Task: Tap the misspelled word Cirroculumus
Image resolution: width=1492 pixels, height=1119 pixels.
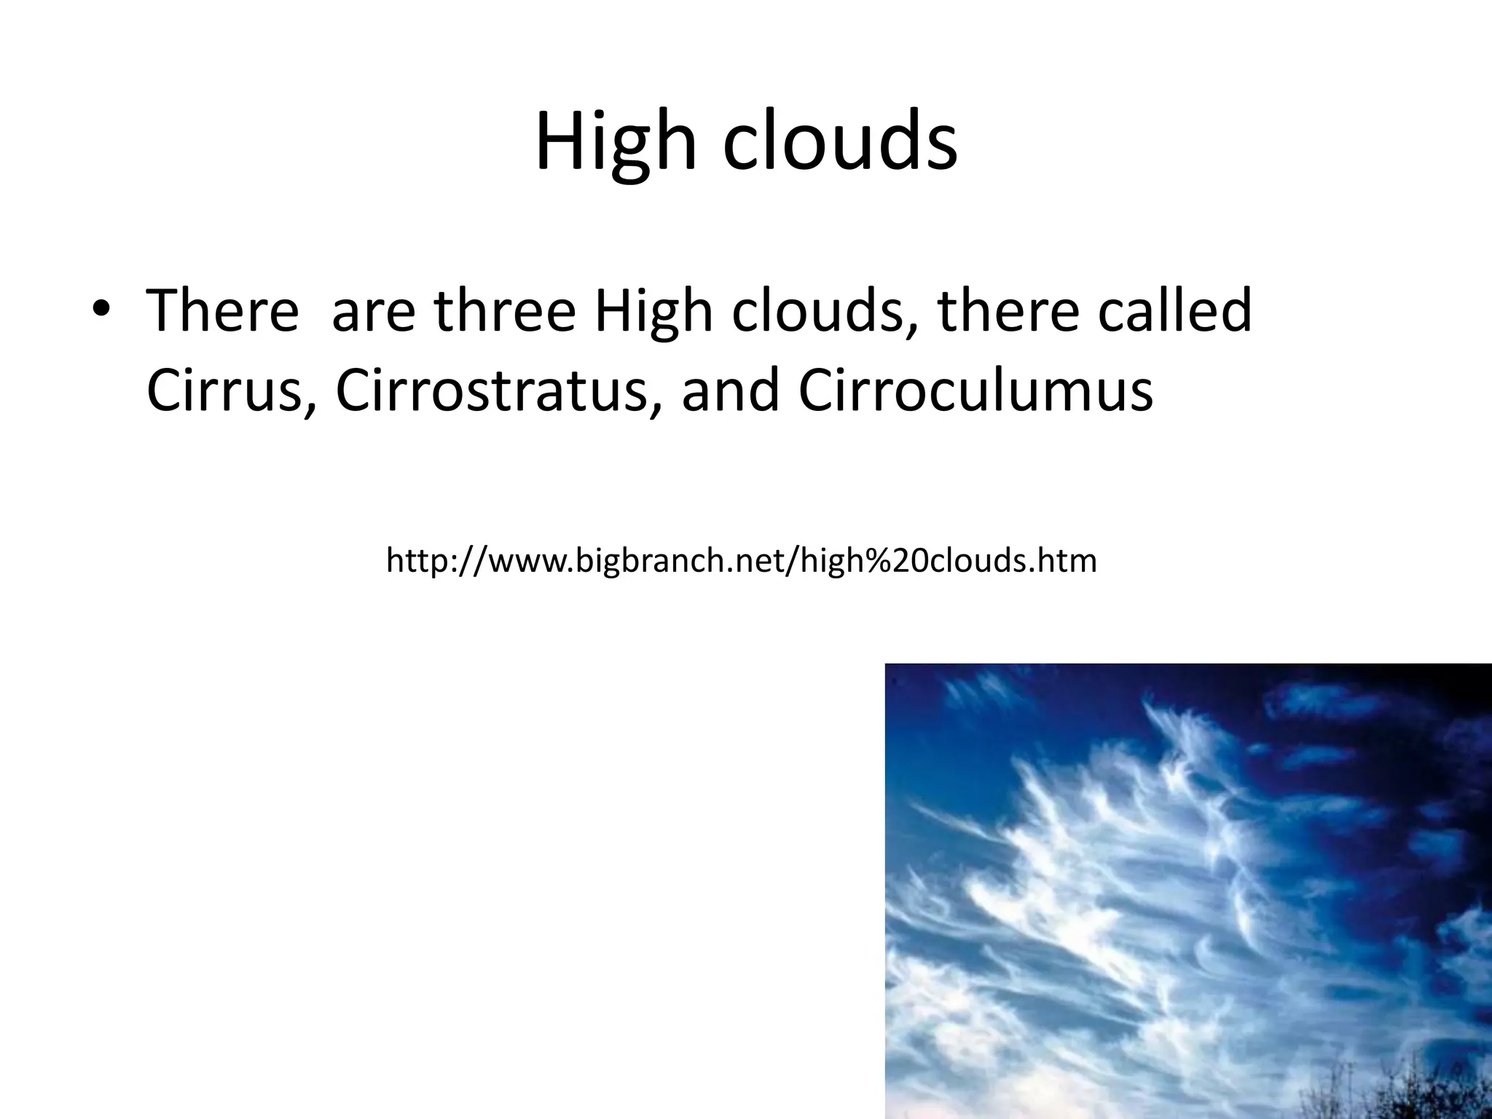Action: click(x=975, y=390)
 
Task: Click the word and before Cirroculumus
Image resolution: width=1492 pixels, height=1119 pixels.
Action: click(x=729, y=390)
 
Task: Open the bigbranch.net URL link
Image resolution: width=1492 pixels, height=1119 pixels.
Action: click(x=741, y=561)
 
